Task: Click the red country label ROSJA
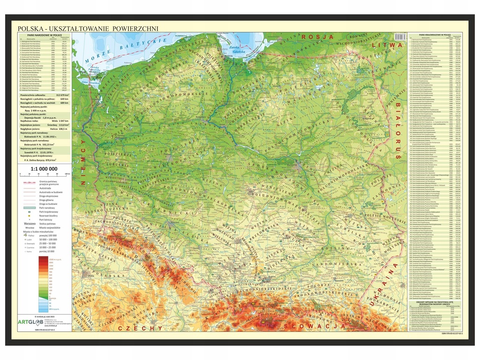317,36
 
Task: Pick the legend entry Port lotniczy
45,219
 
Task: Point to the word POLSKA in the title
30,28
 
